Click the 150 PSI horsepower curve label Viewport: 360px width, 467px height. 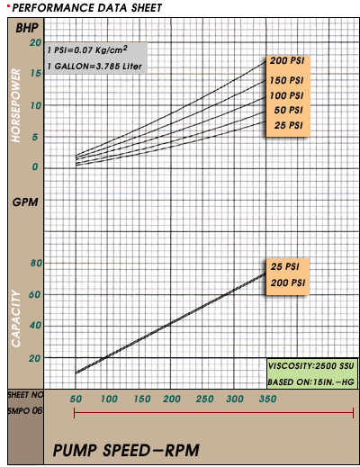coord(286,80)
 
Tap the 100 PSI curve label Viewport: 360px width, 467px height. coord(286,95)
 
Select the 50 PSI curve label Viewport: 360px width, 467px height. coord(288,110)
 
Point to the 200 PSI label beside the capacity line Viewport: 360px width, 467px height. coord(288,283)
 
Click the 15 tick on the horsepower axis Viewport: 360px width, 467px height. coord(36,73)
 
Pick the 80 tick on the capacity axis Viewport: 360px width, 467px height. coord(36,263)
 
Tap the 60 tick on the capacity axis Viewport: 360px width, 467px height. coord(35,295)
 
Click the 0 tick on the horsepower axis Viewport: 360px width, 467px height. coord(35,166)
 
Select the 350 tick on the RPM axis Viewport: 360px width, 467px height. coord(267,399)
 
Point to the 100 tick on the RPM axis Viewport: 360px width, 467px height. coord(109,399)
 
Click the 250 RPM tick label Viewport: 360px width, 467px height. coord(204,399)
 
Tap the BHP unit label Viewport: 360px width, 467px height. coord(27,28)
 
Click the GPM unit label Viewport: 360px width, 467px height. coord(25,202)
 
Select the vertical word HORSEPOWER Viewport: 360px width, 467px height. coord(15,105)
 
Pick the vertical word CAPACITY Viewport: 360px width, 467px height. coord(15,319)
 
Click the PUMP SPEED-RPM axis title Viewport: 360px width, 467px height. coord(126,451)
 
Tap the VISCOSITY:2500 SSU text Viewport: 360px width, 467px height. coord(311,366)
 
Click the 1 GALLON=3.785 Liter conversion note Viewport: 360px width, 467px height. coord(94,67)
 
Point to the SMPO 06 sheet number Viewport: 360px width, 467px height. coord(25,410)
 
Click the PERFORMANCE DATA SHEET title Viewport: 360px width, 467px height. coord(87,8)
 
